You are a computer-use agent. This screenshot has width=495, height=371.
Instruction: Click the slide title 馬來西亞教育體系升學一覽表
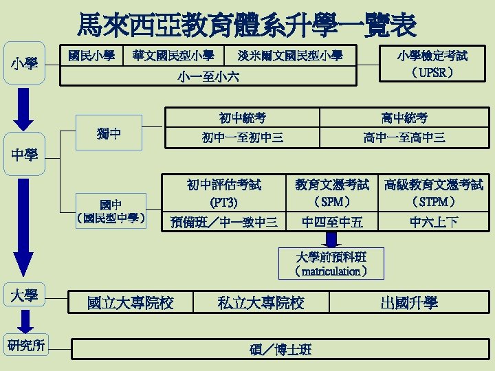247,25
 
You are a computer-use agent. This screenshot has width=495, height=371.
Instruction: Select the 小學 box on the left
24,65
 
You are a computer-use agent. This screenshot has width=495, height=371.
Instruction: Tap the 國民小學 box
91,55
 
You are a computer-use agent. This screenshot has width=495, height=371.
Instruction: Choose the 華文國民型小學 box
173,55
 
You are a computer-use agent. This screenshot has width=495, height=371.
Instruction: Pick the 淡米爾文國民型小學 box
289,55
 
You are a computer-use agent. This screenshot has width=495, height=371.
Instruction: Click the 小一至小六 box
208,76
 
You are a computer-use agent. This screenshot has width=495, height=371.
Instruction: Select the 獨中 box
111,133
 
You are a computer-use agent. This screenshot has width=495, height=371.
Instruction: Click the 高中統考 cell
404,117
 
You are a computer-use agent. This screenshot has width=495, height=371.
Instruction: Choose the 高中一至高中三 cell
404,137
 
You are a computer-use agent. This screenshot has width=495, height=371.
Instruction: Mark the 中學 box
24,155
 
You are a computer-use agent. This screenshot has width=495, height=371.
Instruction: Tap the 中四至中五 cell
332,221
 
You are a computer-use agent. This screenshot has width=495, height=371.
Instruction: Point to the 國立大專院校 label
130,302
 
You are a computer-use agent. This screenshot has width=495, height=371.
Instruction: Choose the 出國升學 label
408,302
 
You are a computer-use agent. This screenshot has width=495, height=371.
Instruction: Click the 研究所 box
24,345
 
